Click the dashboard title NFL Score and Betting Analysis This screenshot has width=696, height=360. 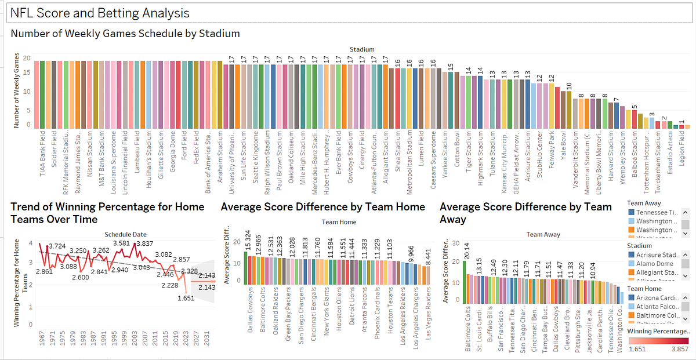99,13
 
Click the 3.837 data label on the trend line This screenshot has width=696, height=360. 145,243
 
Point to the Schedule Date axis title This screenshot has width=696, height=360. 126,234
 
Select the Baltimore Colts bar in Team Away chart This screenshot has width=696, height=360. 465,281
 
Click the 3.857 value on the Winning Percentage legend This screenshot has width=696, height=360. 679,350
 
